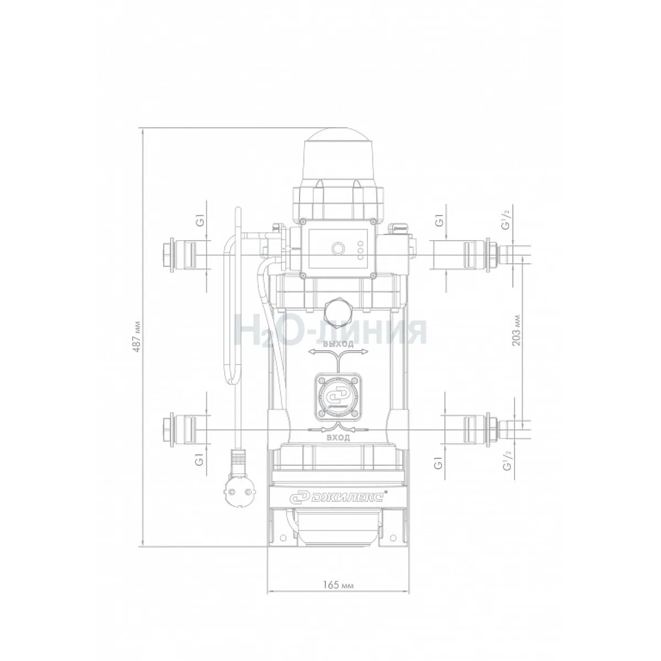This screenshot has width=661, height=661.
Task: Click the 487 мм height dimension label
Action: click(x=137, y=337)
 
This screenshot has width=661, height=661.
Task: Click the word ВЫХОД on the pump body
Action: click(x=338, y=344)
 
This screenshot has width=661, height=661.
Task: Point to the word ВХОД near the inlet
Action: click(x=338, y=438)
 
